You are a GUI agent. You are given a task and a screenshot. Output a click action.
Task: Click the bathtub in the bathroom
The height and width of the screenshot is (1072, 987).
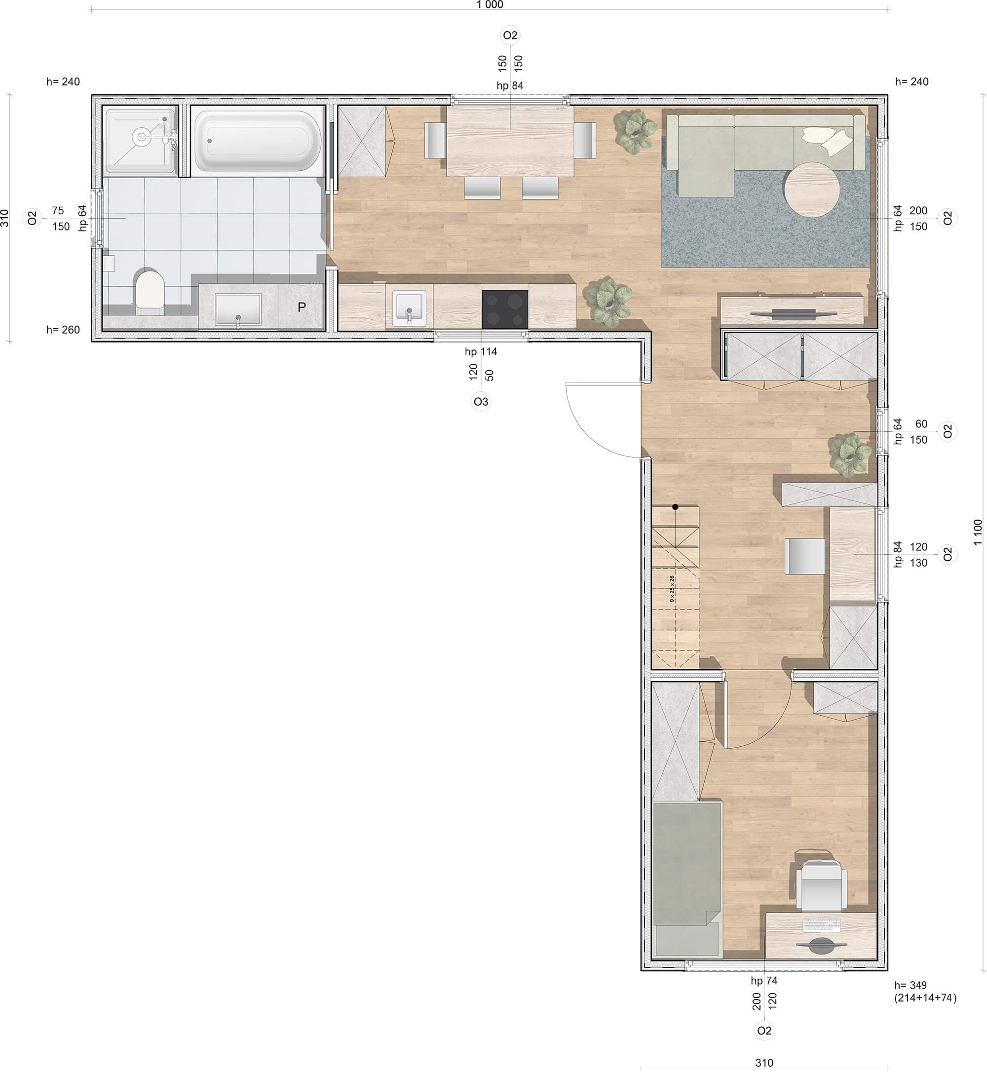point(258,141)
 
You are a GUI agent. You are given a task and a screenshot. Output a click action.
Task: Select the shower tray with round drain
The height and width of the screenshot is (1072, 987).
point(141,141)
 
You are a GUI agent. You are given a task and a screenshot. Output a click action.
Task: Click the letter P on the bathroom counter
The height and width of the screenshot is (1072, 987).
point(302,307)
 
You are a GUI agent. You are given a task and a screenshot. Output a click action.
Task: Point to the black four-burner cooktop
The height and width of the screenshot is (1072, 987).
point(505,309)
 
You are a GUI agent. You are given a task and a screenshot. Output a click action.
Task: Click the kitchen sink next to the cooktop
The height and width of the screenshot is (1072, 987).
point(409,308)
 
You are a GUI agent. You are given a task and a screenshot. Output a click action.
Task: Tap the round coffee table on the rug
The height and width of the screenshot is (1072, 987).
point(811,190)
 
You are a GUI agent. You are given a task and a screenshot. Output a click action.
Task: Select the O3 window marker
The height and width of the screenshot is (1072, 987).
point(481,402)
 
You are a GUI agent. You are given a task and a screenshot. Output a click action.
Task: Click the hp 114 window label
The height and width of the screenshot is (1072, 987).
point(481,351)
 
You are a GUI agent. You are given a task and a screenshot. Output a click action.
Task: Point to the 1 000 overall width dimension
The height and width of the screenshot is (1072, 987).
point(490,5)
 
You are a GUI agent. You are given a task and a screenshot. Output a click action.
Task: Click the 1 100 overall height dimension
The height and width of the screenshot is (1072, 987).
point(978,532)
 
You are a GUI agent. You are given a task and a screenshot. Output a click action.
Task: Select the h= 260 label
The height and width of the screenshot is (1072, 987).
point(63,330)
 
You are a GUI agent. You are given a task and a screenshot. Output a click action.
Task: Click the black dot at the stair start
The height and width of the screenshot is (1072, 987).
point(675,506)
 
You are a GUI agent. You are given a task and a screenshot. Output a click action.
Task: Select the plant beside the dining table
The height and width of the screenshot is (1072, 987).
point(636,131)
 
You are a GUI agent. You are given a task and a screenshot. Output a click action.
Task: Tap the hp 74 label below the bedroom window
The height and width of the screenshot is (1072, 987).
point(764,981)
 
